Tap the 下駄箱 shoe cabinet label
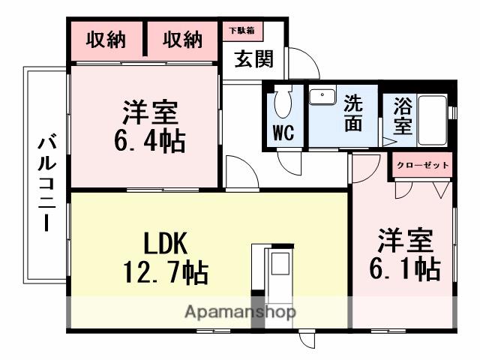pos(241,30)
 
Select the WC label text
pos(283,134)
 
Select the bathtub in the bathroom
pos(433,120)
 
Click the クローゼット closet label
pos(422,165)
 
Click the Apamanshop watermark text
pos(241,311)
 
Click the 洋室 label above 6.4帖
pos(151,112)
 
